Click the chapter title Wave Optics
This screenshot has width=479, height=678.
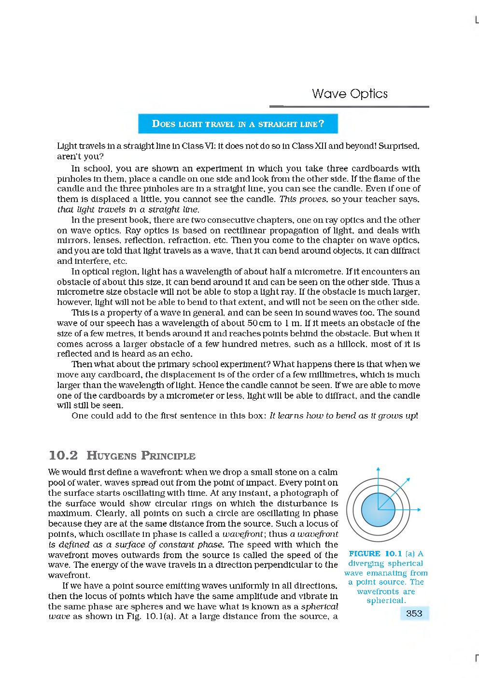coord(350,94)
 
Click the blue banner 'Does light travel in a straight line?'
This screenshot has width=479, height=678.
coord(238,124)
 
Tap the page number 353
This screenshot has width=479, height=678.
coord(414,613)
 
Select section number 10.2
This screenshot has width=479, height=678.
coord(63,456)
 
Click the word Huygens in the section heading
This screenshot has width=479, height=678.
coord(112,456)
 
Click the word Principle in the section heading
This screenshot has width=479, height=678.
coord(168,456)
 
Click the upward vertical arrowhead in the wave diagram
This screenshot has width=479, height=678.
coord(378,469)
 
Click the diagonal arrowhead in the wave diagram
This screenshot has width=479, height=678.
coord(408,479)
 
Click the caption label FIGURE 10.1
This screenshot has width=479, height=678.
coord(375,554)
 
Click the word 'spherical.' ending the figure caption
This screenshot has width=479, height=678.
coord(386,601)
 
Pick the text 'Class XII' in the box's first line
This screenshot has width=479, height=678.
coord(309,146)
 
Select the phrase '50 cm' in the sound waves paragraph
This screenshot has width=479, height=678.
coord(259,323)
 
